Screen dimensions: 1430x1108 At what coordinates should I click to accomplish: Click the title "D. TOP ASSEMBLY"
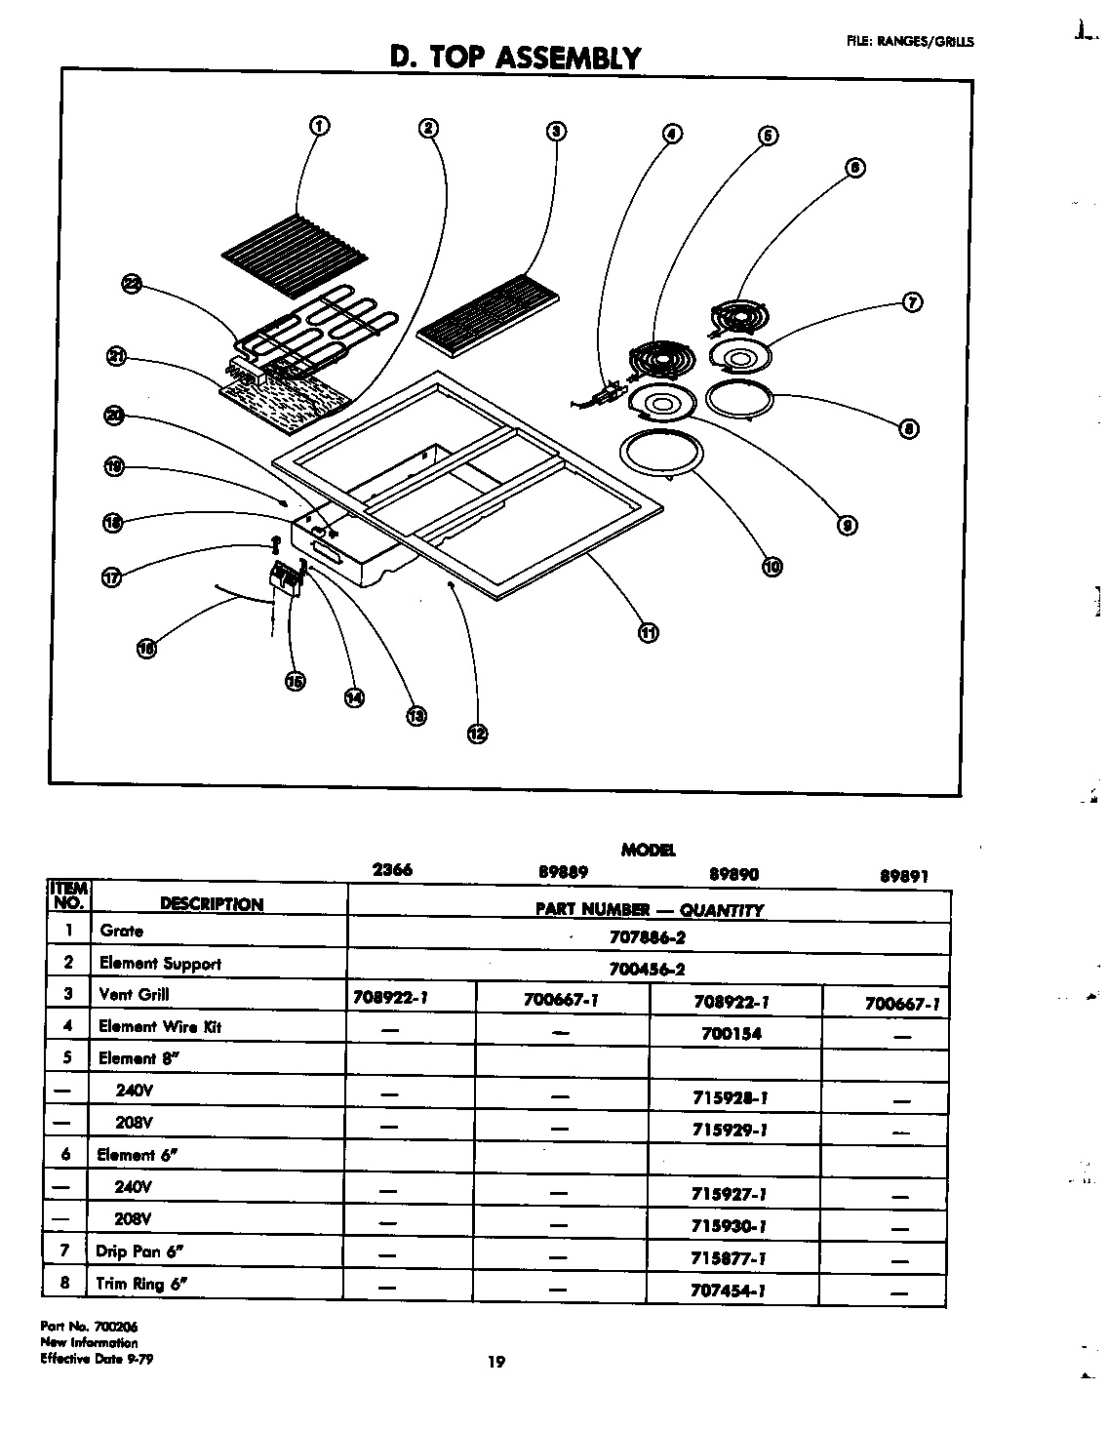coord(515,58)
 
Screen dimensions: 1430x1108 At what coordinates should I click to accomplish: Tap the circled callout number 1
coord(319,125)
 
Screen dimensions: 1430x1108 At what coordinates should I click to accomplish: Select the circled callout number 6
coord(854,167)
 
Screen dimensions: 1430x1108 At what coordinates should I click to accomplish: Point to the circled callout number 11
coord(648,632)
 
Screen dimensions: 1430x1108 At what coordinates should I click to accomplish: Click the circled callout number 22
coord(132,284)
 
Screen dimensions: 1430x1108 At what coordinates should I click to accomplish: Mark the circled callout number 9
coord(848,526)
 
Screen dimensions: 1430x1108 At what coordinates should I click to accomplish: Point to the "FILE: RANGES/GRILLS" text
coord(909,41)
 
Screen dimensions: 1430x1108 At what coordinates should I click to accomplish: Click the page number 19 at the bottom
coord(496,1363)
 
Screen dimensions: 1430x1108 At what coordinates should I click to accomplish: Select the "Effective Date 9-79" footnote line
coord(97,1358)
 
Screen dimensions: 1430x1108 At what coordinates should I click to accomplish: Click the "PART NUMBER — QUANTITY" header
coord(649,909)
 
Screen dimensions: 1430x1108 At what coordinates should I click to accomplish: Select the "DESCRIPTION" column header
coord(212,904)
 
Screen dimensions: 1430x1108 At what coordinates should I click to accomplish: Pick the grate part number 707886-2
coord(648,939)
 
